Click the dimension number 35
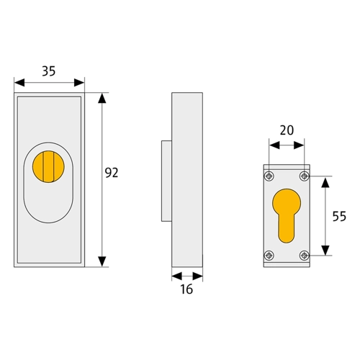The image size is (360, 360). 49,71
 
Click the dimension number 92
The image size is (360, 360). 112,173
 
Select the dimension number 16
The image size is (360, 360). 186,289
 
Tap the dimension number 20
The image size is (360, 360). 287,130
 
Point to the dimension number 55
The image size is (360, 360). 339,216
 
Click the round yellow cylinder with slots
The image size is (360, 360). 48,166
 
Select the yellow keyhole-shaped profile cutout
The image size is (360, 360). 287,216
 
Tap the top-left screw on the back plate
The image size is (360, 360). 269,176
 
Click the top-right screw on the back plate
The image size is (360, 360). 305,176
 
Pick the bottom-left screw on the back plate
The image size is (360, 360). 269,256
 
